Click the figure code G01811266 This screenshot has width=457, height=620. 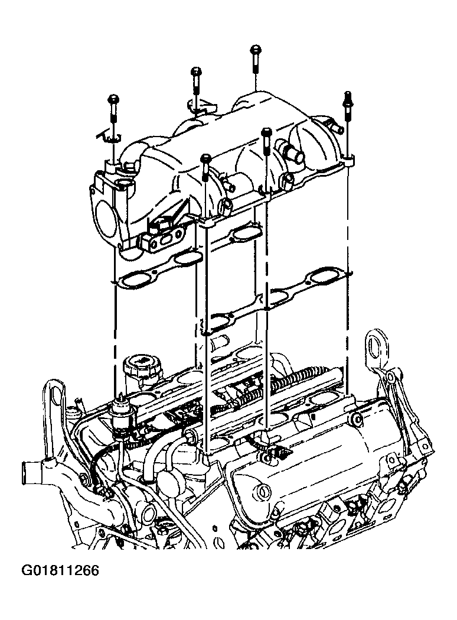click(x=60, y=572)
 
